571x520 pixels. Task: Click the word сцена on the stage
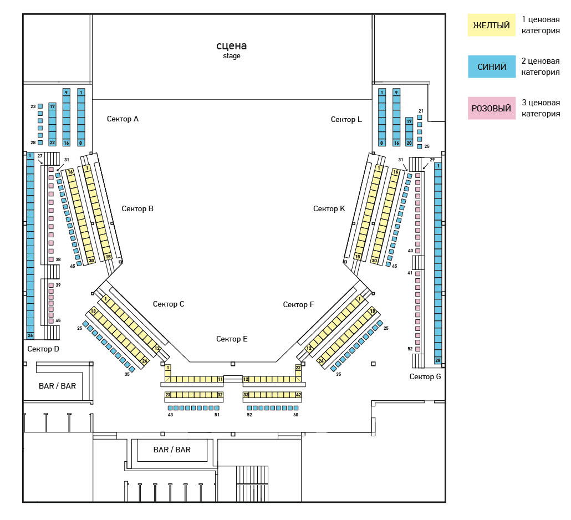(232, 45)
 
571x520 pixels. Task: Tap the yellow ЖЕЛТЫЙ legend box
(491, 26)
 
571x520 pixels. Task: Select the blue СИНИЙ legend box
(491, 67)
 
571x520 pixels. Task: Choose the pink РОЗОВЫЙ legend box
(491, 108)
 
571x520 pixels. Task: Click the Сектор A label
(123, 119)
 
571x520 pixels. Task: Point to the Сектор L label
(346, 119)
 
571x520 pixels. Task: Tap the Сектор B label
(137, 208)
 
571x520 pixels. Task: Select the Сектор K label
(329, 208)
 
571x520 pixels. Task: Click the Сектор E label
(232, 339)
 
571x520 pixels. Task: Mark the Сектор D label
(43, 349)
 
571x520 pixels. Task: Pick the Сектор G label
(425, 376)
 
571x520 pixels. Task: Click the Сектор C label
(169, 304)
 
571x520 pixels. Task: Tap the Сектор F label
(298, 304)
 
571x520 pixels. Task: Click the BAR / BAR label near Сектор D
(57, 385)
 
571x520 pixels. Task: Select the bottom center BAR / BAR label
(172, 450)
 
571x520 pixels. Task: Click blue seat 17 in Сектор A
(53, 106)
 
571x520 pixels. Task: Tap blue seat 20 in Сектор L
(409, 143)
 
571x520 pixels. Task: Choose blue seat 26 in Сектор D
(30, 335)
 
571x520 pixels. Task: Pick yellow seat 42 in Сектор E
(298, 395)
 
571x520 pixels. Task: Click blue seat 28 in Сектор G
(438, 360)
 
